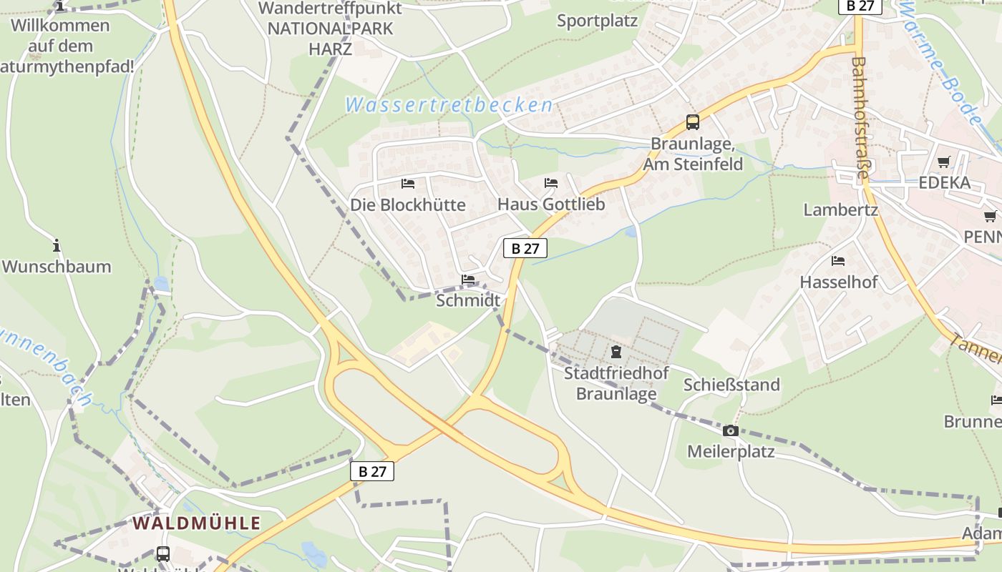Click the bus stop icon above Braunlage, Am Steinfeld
[x=692, y=122]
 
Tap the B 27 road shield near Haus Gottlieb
[x=525, y=248]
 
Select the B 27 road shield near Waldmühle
[x=372, y=471]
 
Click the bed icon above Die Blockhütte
[x=408, y=184]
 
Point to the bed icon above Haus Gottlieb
[x=550, y=183]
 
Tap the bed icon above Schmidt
[x=468, y=280]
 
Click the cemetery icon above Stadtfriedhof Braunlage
[x=616, y=351]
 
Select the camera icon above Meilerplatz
[x=730, y=430]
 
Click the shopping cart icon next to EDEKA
[x=944, y=162]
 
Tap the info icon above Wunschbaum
[x=57, y=247]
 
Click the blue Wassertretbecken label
[x=449, y=106]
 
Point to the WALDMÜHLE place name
[x=196, y=523]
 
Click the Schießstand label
[x=731, y=385]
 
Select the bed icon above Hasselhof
[x=838, y=261]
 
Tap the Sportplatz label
[x=597, y=21]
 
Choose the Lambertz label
[x=840, y=210]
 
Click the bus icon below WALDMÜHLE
[x=162, y=553]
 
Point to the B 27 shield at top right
[x=860, y=6]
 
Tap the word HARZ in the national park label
[x=330, y=49]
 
